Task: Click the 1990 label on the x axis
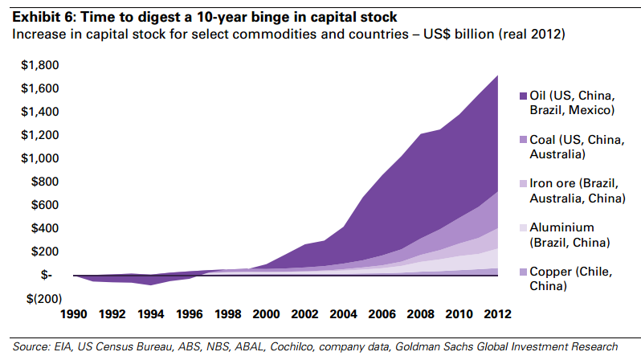pyautogui.click(x=74, y=313)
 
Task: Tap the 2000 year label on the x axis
pyautogui.click(x=266, y=313)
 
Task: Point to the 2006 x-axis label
pyautogui.click(x=382, y=313)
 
